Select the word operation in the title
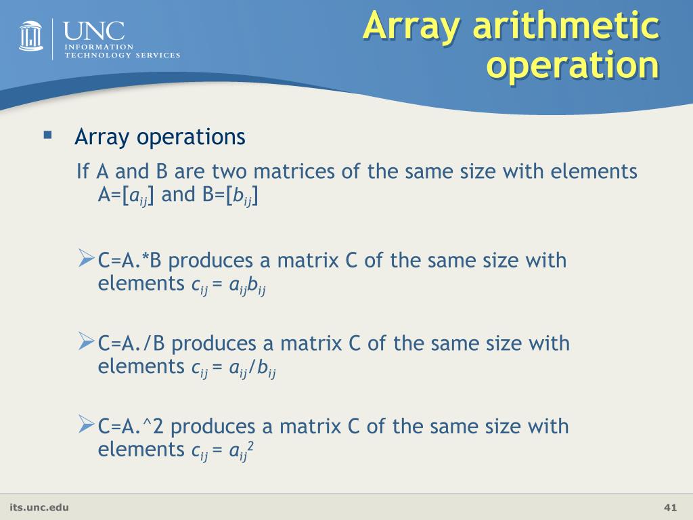pyautogui.click(x=574, y=66)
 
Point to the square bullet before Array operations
pyautogui.click(x=47, y=135)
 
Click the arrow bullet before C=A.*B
pyautogui.click(x=86, y=258)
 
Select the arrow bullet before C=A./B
pyautogui.click(x=86, y=341)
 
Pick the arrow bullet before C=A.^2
pyautogui.click(x=86, y=425)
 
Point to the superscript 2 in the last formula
pyautogui.click(x=250, y=445)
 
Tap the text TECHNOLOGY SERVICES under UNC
pyautogui.click(x=122, y=55)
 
